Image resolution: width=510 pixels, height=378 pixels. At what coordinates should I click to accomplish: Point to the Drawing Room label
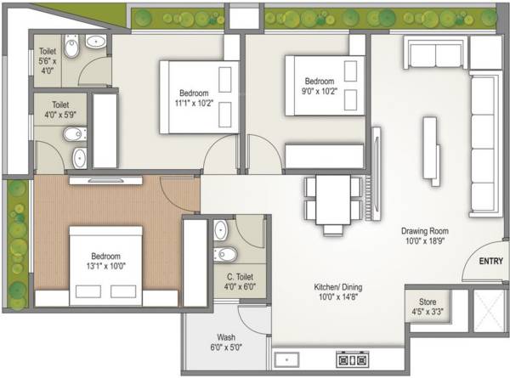[x=425, y=235]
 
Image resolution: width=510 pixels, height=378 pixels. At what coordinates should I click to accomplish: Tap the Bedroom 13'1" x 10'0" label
[x=106, y=261]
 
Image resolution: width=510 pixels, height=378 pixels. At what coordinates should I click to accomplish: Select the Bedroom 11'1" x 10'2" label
[x=194, y=99]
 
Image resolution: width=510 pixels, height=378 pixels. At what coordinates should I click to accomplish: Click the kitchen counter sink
[x=286, y=358]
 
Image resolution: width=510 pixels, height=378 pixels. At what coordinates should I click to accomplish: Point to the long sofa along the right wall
[x=484, y=144]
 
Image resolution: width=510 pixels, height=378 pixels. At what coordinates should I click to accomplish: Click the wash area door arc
[x=252, y=317]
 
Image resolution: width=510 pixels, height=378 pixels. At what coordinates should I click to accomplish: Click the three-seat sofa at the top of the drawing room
[x=433, y=54]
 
